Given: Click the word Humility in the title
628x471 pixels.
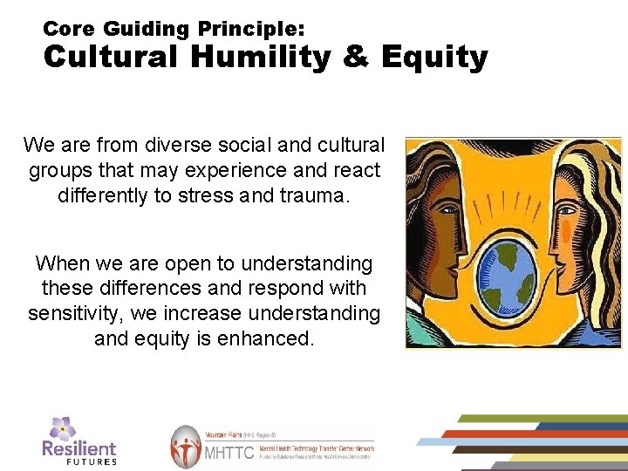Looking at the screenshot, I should coord(263,58).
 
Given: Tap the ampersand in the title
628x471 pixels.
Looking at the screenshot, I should coord(357,58).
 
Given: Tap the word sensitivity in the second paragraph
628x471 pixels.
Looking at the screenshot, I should coord(82,312).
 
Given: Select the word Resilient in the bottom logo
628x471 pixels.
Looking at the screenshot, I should coord(78,447).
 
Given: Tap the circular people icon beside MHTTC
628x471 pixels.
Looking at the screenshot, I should coord(185,447).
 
